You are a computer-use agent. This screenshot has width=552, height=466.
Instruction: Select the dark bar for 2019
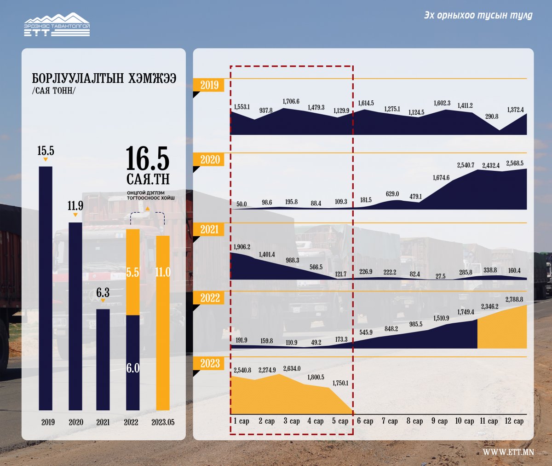[46, 288]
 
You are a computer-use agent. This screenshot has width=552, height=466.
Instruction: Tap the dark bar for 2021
[103, 359]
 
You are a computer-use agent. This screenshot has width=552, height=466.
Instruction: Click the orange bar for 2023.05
[163, 322]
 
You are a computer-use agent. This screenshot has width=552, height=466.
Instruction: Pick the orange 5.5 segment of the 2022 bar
[132, 272]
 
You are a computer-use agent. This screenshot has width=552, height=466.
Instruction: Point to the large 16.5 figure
[148, 159]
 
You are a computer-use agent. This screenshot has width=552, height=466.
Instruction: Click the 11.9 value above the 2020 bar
[75, 206]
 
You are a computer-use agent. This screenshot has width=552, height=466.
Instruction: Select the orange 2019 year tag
[209, 85]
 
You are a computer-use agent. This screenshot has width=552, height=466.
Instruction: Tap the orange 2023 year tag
[210, 363]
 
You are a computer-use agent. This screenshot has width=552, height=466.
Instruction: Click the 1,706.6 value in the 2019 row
[291, 101]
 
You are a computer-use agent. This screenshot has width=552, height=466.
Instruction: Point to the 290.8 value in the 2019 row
[492, 116]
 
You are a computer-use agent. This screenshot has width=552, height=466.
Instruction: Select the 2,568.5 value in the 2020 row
[515, 163]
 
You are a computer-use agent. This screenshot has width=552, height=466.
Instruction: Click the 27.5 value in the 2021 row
[440, 276]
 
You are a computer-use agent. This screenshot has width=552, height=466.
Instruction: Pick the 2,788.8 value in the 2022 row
[514, 300]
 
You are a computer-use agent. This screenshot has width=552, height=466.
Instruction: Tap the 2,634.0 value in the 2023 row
[292, 369]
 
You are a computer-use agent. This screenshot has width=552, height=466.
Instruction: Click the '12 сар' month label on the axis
[514, 421]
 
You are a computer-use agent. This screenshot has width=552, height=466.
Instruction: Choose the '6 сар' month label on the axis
[365, 421]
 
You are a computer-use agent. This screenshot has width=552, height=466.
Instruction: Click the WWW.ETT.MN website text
[508, 452]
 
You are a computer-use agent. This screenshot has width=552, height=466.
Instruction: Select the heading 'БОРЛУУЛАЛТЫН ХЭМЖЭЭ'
[104, 78]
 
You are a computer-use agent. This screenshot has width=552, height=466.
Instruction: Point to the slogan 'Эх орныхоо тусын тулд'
[478, 15]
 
